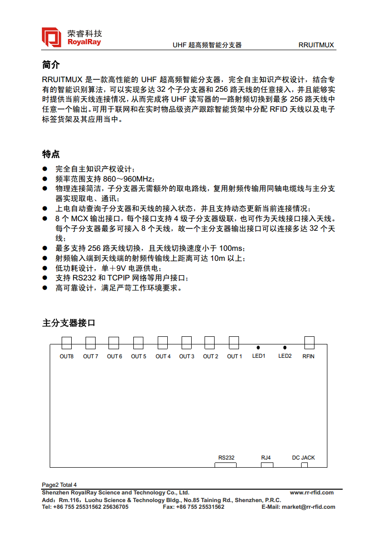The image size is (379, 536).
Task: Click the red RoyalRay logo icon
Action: (x=52, y=37)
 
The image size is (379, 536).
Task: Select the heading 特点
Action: (x=51, y=154)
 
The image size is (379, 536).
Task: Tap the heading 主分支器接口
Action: (x=69, y=323)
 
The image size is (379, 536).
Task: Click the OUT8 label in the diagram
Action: (x=66, y=356)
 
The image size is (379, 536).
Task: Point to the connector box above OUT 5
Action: (x=138, y=343)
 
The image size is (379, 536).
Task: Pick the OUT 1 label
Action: (x=234, y=356)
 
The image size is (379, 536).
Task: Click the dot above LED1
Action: (x=258, y=348)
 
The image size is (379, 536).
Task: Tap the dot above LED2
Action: (x=285, y=348)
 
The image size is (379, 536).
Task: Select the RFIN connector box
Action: (x=310, y=342)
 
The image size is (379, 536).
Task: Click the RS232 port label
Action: (x=227, y=458)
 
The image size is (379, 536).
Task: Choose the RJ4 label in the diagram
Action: (x=266, y=458)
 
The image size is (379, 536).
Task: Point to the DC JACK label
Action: (x=303, y=458)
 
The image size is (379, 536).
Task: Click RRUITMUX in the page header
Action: (x=316, y=45)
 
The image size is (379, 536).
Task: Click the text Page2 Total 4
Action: (x=59, y=484)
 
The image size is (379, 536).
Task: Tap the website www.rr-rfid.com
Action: (x=312, y=493)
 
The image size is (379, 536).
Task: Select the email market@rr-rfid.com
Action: (x=308, y=507)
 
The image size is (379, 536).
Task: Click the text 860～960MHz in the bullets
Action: (x=128, y=179)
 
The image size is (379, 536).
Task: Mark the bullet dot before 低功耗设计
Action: (x=45, y=268)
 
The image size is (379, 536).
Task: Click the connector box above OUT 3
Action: (x=186, y=343)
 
